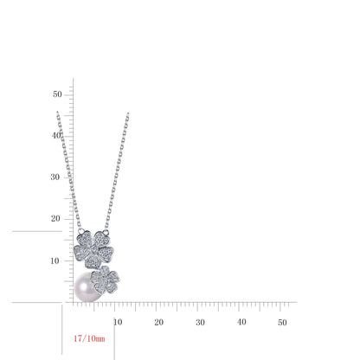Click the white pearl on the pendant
(x=86, y=287)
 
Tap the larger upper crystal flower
(x=93, y=249)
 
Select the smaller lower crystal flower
(x=105, y=279)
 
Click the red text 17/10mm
(x=89, y=338)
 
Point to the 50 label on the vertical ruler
(x=57, y=94)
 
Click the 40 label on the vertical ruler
(x=56, y=135)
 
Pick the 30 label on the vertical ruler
(x=55, y=177)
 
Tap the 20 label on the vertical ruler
(x=55, y=219)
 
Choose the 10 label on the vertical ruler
(x=55, y=260)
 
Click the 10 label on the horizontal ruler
(x=118, y=322)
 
